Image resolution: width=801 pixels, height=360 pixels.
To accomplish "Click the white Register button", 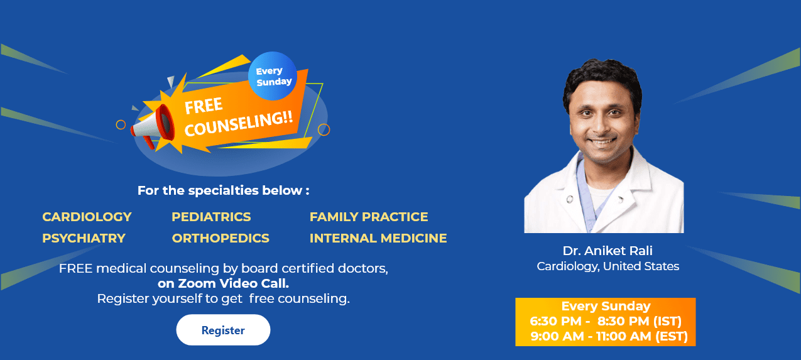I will [223, 330].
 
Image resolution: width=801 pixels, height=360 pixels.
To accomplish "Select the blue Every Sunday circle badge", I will [273, 76].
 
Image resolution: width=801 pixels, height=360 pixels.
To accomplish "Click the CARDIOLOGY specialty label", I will [87, 217].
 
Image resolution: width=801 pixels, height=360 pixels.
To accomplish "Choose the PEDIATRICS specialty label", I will [211, 217].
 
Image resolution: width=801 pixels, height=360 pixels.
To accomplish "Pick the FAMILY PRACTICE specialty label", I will [369, 217].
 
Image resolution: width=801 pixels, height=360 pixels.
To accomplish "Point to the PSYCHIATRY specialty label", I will [84, 238].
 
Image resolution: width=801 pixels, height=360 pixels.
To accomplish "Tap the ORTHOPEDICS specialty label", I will [221, 238].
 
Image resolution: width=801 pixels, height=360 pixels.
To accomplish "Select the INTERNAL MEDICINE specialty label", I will [378, 238].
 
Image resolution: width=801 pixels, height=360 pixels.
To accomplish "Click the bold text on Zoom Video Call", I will [223, 283].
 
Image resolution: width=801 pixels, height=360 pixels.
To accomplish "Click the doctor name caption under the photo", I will [607, 250].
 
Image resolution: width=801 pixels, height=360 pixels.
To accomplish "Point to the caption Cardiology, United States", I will [608, 266].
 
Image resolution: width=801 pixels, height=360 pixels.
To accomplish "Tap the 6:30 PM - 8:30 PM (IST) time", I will [606, 321].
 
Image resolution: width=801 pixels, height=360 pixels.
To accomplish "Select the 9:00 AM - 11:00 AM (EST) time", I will [609, 337].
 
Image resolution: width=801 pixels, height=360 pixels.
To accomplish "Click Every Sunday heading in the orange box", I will [606, 306].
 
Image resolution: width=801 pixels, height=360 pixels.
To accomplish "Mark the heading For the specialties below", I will [223, 190].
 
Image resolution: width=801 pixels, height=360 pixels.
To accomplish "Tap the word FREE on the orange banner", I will [204, 105].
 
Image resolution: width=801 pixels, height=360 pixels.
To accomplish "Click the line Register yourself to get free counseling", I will [223, 298].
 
